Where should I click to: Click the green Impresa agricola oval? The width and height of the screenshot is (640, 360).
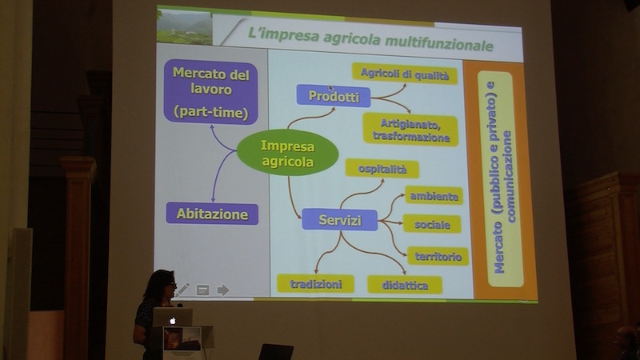pos(287,154)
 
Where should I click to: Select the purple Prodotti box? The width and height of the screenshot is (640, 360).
pos(333,96)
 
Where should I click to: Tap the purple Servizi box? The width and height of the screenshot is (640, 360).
pos(339,219)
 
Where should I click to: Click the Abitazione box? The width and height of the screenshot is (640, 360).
pos(212,214)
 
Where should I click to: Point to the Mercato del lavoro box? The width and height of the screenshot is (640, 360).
pos(211,93)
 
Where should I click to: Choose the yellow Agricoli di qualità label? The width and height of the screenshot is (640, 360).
pos(405,74)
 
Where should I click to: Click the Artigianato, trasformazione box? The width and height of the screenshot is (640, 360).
pos(410,130)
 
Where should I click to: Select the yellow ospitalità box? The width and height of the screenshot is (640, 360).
pos(382,169)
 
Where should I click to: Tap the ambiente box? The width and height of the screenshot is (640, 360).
pos(433,195)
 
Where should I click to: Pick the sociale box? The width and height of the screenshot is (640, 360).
pos(432,224)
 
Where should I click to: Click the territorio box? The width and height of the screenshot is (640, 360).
pos(438,256)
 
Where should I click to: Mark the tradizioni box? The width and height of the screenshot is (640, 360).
pos(315,284)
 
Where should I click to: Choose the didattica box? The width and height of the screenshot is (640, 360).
pos(404,285)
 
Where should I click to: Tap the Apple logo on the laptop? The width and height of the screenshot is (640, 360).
pos(171,320)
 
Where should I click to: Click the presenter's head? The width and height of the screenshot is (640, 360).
pos(159,285)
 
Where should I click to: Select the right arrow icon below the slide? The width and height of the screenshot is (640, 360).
pos(223,290)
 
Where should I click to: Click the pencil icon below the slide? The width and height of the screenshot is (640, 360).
pos(184,289)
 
